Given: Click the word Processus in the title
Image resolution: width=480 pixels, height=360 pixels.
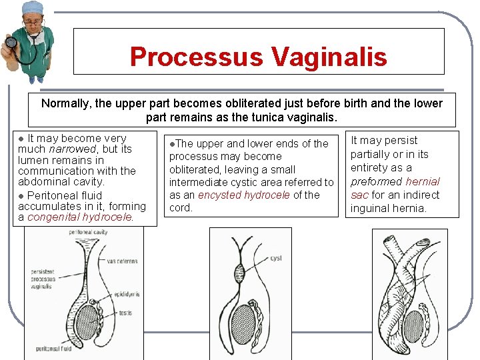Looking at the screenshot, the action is coord(195,57).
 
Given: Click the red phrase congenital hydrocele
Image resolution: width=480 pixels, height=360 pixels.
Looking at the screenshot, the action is coord(80,217).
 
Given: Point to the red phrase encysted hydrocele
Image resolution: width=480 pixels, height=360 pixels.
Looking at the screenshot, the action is coord(244,195).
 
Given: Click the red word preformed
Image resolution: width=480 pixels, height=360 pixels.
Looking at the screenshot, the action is coord(375,181).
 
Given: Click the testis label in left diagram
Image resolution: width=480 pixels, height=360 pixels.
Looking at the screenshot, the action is coord(126,313).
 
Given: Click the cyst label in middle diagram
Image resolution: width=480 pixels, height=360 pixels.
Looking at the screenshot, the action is coord(276,258).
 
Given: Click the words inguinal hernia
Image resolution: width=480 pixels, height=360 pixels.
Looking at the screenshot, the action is coord(389,208).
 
